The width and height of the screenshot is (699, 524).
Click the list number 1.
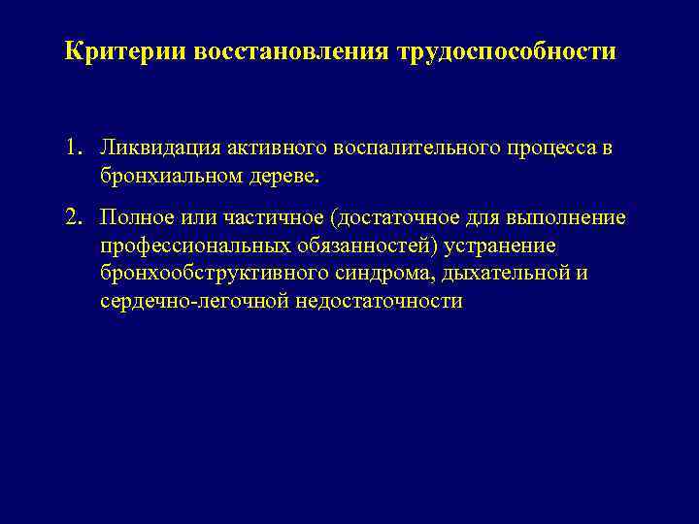pyautogui.click(x=74, y=149)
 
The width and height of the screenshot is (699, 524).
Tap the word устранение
pyautogui.click(x=503, y=246)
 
